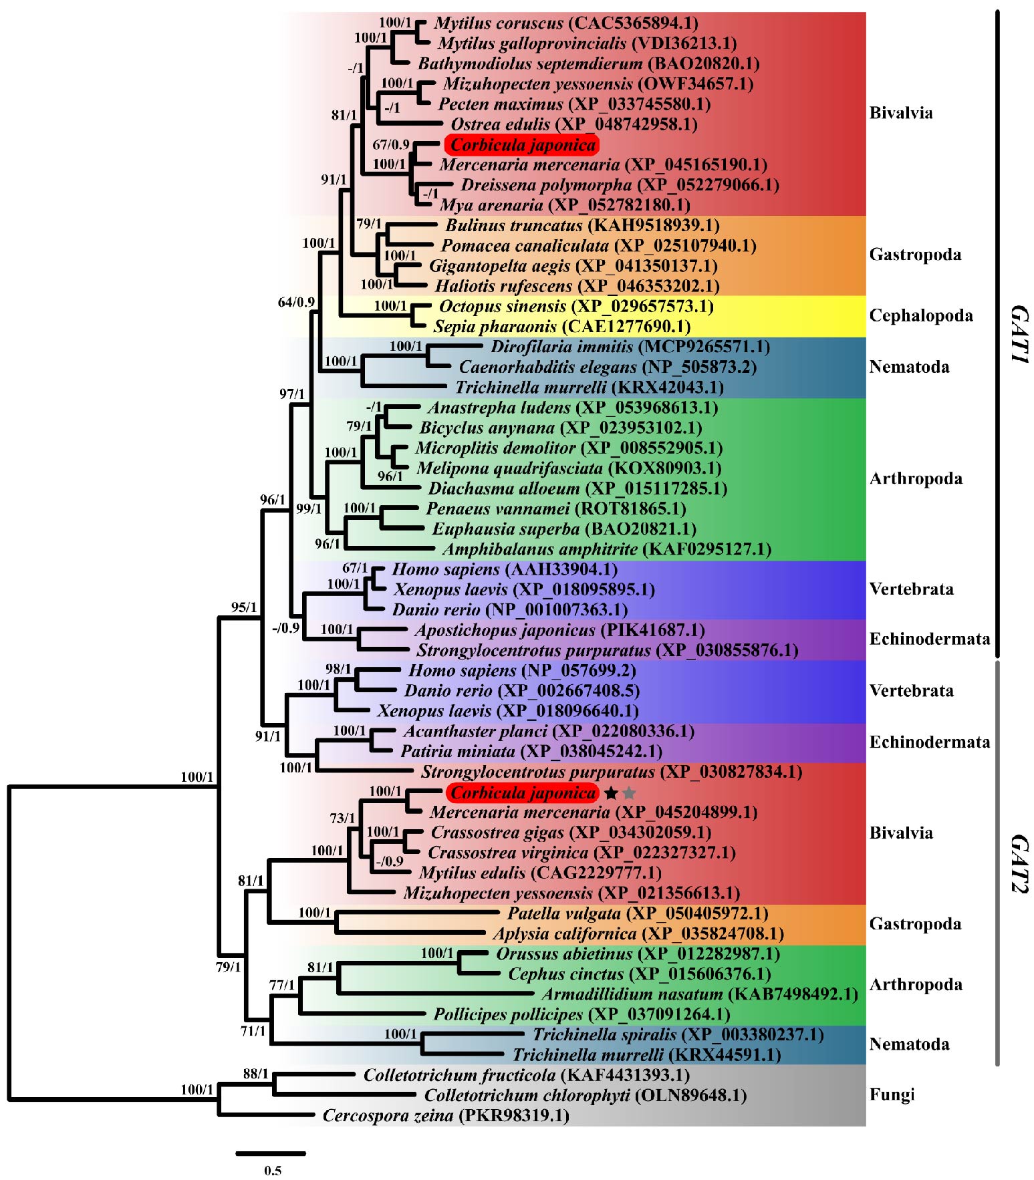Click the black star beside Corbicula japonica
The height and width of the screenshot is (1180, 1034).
(x=610, y=793)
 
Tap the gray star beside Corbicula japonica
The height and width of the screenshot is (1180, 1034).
(x=629, y=793)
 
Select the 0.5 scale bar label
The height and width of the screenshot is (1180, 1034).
(x=273, y=1170)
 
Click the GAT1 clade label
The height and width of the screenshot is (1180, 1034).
(x=1019, y=333)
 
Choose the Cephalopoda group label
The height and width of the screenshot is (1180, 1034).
(x=920, y=315)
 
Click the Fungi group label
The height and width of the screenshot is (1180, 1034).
(x=892, y=1094)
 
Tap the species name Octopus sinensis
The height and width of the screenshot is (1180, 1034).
(x=503, y=306)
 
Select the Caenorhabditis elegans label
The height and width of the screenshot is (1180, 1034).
(x=547, y=367)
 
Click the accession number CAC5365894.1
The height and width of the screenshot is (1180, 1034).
(x=634, y=23)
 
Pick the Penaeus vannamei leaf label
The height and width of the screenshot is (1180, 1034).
(x=498, y=508)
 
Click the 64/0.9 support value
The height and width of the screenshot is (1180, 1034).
(x=296, y=302)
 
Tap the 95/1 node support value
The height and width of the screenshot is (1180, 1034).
(x=244, y=607)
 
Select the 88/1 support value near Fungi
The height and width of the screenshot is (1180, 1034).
(x=255, y=1074)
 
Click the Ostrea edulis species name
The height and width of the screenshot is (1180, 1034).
(x=501, y=124)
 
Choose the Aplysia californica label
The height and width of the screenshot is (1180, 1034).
(x=564, y=933)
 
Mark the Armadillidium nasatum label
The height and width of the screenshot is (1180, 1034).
(x=632, y=994)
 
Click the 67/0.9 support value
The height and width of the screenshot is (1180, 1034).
(x=391, y=144)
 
